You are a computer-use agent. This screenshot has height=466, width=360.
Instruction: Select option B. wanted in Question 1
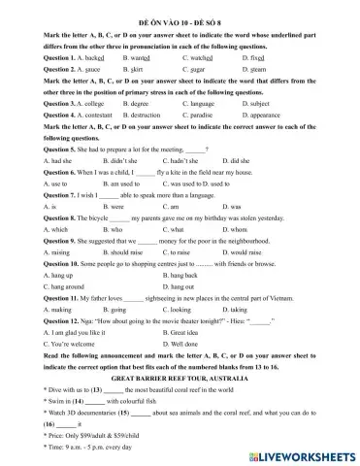[140, 58]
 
